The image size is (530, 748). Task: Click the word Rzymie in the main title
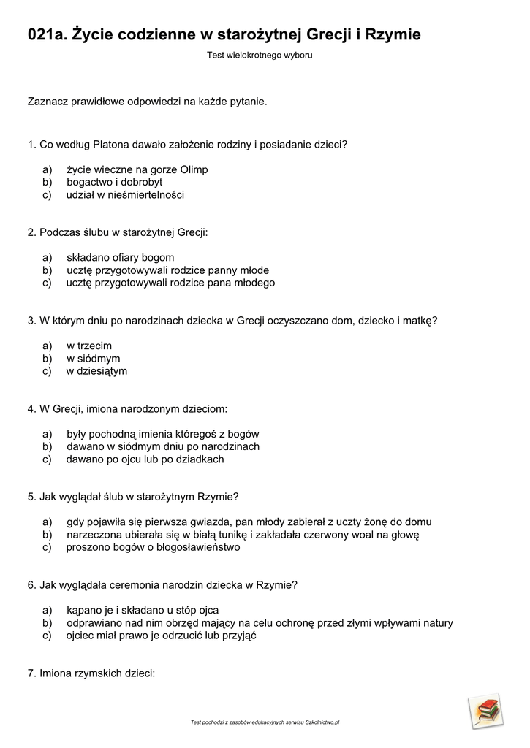point(393,34)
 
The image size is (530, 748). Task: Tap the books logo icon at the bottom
point(486,711)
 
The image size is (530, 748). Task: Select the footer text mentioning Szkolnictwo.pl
point(265,722)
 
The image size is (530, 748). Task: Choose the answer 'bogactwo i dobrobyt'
point(114,182)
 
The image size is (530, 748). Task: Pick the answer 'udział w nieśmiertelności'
point(125,195)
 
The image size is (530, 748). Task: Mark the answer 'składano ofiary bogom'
point(120,257)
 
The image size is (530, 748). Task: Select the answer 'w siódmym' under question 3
point(93,359)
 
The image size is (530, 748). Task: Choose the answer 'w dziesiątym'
point(96,371)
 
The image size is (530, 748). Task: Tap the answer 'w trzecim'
point(89,346)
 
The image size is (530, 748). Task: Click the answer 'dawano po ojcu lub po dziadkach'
point(145,459)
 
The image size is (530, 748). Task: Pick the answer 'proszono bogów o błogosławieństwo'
point(153,547)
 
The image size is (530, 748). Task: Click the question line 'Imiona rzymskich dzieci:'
point(91,673)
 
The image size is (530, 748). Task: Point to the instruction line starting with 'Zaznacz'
point(148,101)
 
